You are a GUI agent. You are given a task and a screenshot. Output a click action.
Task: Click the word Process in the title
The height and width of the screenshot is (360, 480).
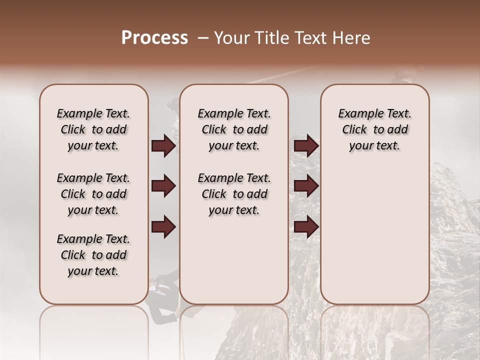pos(154,38)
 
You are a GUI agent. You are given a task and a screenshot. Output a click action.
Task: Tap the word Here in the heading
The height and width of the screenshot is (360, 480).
pos(351,38)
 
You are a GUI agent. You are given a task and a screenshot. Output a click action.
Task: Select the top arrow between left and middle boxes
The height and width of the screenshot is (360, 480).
pos(163,146)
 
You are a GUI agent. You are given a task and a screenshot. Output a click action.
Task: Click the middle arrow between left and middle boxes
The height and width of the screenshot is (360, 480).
pos(163,186)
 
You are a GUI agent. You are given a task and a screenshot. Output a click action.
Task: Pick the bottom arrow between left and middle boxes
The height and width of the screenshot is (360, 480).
pos(163,226)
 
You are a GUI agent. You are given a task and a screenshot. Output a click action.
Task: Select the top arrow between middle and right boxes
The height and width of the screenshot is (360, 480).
pos(306,146)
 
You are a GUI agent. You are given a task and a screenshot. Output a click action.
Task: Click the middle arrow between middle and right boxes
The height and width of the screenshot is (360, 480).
pos(306,186)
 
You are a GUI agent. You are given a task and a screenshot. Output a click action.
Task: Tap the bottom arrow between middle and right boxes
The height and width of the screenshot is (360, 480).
pos(306,226)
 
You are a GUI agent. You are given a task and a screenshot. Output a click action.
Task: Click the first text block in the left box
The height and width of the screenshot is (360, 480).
pos(93,129)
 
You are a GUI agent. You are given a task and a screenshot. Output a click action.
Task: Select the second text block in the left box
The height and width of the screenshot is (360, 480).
pos(93,194)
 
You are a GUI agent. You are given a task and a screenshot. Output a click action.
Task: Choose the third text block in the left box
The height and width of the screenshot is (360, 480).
pos(93,255)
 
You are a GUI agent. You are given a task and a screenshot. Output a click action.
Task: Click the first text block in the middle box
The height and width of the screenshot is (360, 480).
pos(234,129)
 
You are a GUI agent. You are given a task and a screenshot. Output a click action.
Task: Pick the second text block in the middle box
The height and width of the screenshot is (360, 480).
pos(234,194)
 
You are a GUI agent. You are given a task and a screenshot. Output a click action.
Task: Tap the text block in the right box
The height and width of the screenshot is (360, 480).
pos(374,129)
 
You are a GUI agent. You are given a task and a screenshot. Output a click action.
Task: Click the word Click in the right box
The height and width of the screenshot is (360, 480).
pos(354,130)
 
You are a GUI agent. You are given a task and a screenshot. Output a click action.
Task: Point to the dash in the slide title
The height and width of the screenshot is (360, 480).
pos(203,38)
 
